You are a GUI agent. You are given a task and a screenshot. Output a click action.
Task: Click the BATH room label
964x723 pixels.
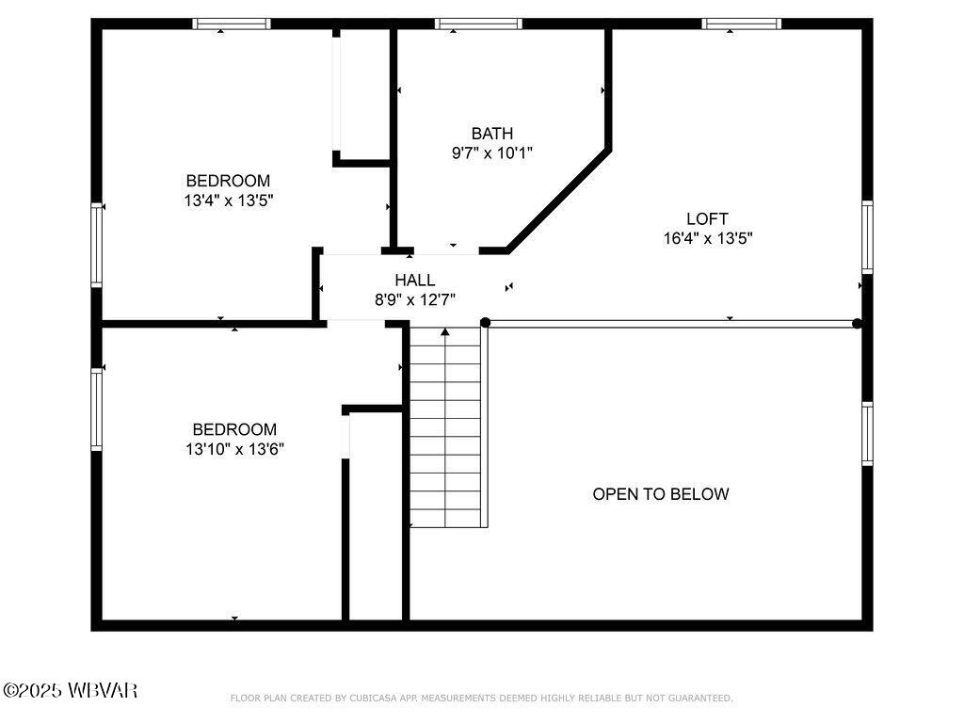[x=492, y=134]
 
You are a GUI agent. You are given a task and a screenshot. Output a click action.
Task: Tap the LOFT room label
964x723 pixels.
[x=707, y=219]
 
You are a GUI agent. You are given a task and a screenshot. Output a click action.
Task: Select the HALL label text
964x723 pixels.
[x=414, y=281]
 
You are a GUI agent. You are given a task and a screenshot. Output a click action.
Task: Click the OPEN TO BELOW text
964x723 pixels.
[x=660, y=494]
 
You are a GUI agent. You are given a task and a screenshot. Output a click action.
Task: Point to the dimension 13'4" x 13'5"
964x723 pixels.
[x=229, y=200]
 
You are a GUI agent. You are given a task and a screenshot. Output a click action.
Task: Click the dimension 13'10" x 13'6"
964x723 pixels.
[x=234, y=449]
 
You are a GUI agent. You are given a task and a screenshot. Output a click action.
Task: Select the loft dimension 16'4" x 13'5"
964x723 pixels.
[x=707, y=239]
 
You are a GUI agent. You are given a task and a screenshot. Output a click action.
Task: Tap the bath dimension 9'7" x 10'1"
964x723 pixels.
[x=492, y=153]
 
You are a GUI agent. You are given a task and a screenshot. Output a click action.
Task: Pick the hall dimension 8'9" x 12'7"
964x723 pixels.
[x=414, y=299]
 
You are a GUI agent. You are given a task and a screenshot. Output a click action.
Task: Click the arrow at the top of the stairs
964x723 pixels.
[x=445, y=331]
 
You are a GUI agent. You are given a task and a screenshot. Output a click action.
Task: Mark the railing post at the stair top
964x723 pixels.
[x=486, y=323]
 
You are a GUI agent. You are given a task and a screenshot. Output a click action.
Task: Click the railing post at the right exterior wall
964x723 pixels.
[x=857, y=323]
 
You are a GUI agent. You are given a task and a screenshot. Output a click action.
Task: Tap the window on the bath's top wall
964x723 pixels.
[x=478, y=24]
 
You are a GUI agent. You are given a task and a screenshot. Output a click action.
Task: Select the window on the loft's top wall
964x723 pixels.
[x=742, y=24]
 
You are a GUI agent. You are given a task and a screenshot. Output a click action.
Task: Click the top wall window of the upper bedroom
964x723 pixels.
[x=232, y=24]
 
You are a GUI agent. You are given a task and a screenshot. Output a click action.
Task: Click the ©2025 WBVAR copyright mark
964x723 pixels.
[x=71, y=691]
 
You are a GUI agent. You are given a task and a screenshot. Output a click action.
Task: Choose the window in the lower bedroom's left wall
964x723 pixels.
[x=96, y=409]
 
